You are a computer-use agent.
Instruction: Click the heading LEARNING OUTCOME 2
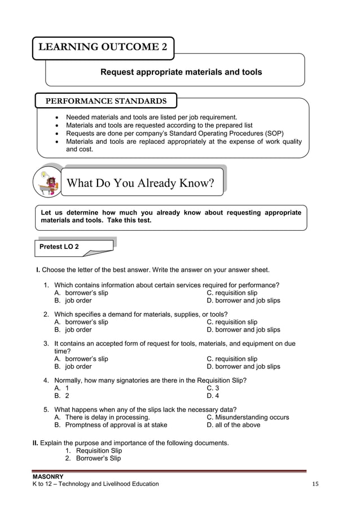coord(103,47)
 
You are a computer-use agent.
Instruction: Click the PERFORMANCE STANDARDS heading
coord(106,101)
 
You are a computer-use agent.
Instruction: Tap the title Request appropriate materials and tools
coord(181,72)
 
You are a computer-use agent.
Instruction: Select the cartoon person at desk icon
coord(48,182)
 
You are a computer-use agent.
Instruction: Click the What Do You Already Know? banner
coord(141,183)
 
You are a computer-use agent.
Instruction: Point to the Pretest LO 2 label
coord(59,247)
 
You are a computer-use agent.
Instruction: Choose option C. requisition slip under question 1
coord(232,293)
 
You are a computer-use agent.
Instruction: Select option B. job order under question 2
coord(73,330)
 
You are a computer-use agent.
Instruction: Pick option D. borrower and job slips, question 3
coord(243,366)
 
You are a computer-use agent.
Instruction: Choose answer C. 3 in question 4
coord(213,388)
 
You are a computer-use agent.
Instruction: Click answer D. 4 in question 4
coord(213,396)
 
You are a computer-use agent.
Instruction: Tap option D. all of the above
coord(234,425)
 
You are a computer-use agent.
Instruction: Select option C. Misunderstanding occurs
coord(248,417)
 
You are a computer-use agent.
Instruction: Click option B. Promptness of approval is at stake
coord(111,425)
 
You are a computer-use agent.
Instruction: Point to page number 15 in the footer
coord(315,484)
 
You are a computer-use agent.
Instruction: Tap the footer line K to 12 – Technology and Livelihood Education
coord(96,484)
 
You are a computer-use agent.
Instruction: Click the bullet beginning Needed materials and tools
coord(151,117)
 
